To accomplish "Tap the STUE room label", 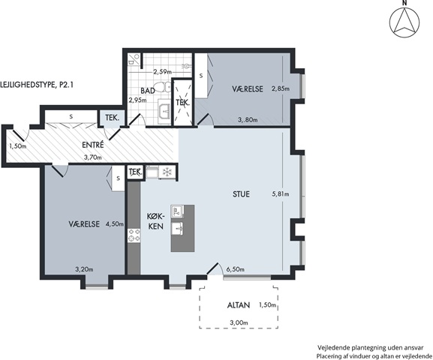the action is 241,194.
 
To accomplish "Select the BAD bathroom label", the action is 148,91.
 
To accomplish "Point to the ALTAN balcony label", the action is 239,305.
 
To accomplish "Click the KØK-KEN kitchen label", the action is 156,221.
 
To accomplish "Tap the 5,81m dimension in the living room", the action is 281,194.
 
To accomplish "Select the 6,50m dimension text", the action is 236,269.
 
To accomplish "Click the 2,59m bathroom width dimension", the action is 162,72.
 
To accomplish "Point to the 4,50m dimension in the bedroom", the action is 115,224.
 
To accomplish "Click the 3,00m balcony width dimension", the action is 239,322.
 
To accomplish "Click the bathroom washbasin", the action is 165,111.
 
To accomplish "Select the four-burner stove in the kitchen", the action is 134,235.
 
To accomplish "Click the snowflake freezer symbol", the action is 167,172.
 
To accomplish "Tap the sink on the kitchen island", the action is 178,228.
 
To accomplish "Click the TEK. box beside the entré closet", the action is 112,118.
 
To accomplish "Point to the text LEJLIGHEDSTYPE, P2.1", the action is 37,85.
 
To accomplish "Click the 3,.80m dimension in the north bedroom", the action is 248,120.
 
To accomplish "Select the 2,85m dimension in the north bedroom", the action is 281,88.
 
